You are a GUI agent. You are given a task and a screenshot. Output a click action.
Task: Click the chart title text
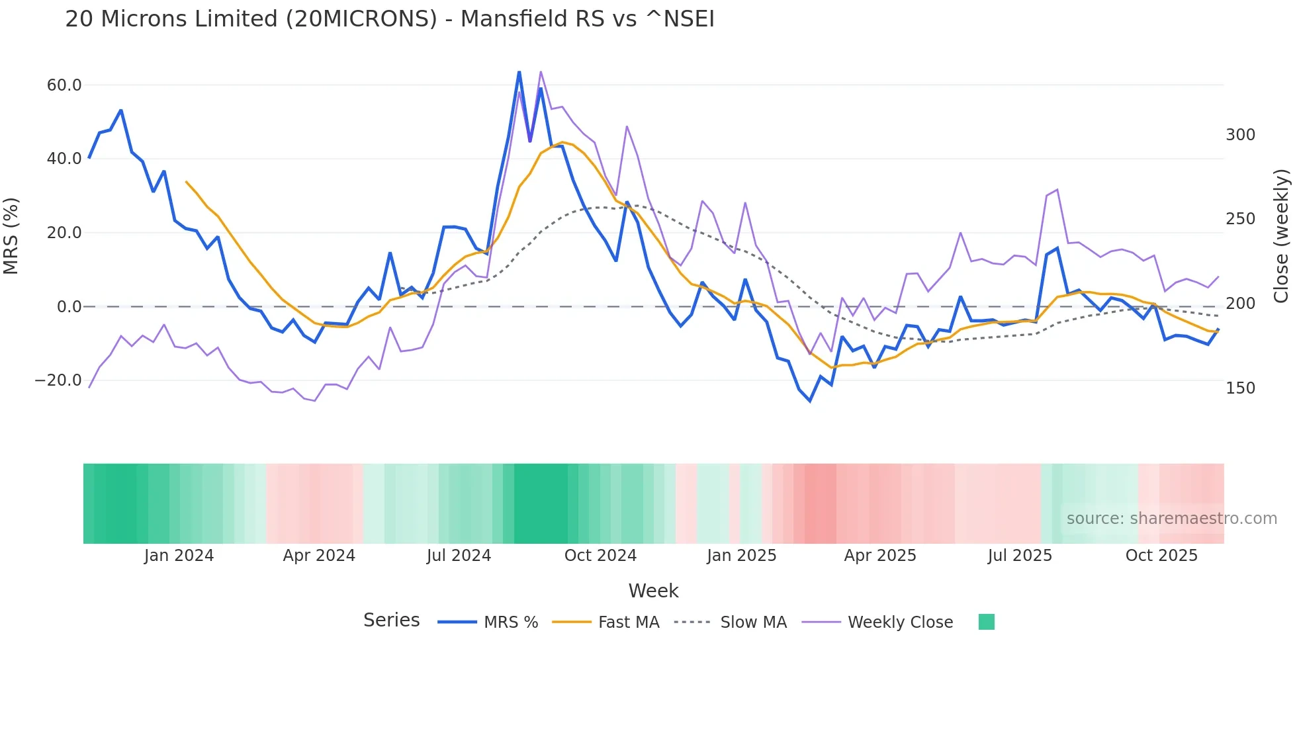pos(390,19)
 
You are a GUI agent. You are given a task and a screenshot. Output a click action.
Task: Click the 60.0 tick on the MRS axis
pos(64,85)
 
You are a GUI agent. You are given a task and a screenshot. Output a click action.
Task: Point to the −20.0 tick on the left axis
pos(58,380)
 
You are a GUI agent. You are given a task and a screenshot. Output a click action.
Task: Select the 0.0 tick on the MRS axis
pos(69,307)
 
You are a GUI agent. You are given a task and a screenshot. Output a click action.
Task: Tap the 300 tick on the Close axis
pos(1240,135)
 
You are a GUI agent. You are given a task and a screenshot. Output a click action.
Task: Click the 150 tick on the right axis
pos(1240,388)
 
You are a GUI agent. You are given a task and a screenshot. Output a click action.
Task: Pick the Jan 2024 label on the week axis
pos(179,556)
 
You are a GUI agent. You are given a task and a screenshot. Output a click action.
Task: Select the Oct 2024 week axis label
pos(600,556)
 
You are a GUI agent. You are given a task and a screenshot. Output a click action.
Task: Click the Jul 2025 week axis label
pos(1020,556)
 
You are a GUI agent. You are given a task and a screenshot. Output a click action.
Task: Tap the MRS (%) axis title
pos(11,236)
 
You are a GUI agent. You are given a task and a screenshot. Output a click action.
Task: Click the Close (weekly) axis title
pos(1282,236)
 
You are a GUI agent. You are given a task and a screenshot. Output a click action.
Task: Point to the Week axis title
pos(653,591)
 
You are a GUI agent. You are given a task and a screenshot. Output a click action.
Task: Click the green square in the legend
pos(986,622)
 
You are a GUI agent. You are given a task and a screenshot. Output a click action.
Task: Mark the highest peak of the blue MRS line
pos(519,71)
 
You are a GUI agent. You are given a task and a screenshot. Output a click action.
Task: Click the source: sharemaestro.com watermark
pos(1171,519)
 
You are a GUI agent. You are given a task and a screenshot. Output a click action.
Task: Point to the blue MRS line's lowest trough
pos(810,401)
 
